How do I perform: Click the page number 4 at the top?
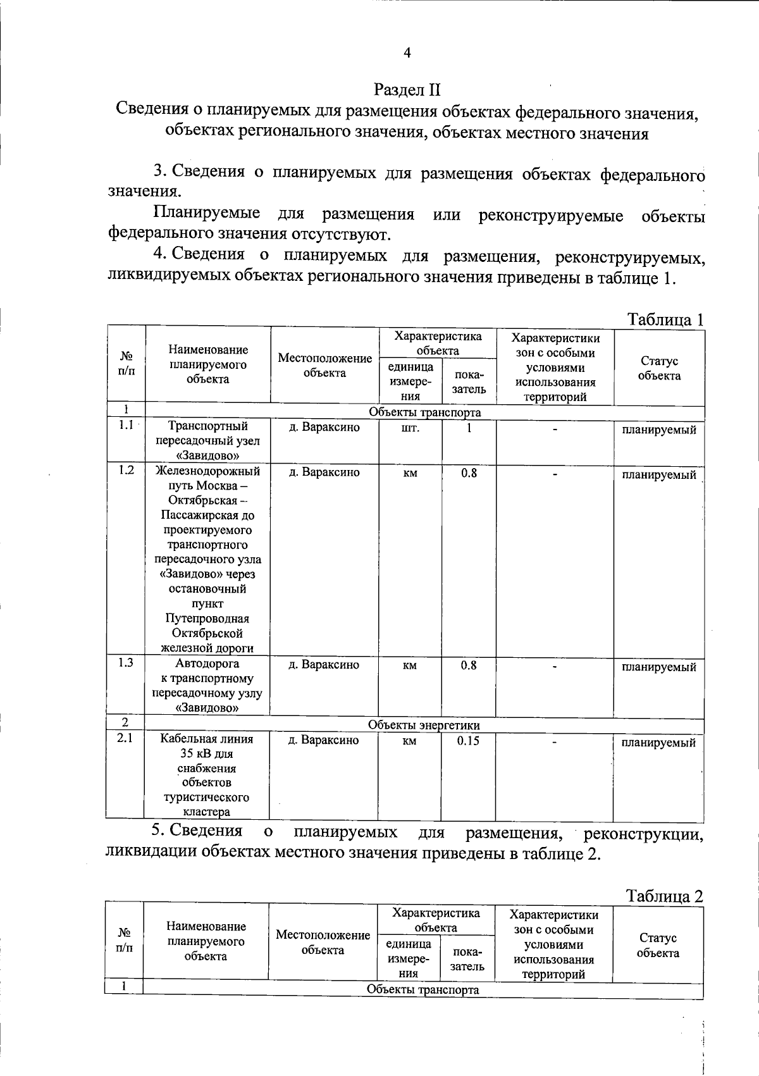click(407, 53)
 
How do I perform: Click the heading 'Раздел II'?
click(407, 89)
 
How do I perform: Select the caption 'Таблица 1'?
click(665, 319)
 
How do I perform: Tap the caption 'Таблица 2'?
click(664, 896)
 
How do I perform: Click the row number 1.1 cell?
click(126, 426)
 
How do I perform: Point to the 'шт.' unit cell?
click(410, 428)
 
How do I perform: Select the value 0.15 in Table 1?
click(468, 741)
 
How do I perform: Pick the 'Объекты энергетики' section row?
click(424, 725)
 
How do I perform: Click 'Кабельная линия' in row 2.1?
click(206, 739)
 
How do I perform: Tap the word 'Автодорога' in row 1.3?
click(207, 664)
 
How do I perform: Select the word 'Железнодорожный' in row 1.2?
click(207, 471)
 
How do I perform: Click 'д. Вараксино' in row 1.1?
click(324, 428)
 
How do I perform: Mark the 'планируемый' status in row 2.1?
click(658, 743)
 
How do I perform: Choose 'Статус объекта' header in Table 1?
click(659, 368)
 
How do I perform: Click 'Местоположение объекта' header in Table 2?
click(323, 942)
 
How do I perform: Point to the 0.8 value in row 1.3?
click(469, 665)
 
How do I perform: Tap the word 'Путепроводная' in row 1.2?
click(207, 618)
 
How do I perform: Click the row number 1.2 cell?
click(126, 471)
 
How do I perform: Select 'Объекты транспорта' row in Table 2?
click(423, 990)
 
